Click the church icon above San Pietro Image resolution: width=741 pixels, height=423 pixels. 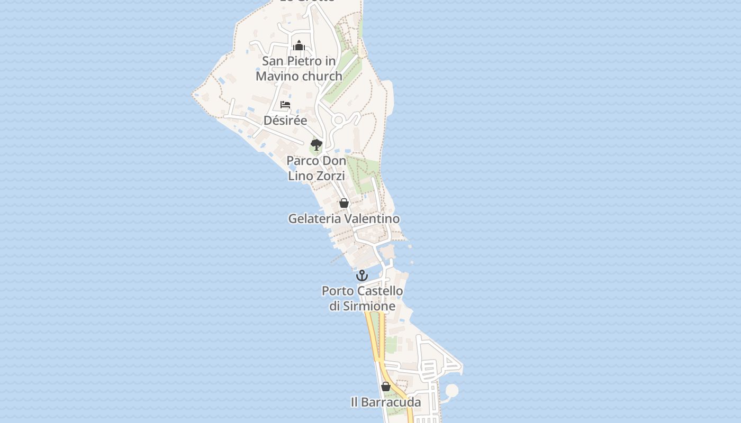[299, 46]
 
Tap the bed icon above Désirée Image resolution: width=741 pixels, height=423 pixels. [285, 105]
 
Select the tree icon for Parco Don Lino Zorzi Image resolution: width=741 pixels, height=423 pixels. [317, 144]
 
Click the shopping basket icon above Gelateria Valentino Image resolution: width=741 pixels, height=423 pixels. [344, 203]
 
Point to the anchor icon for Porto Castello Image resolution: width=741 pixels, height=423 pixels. [362, 275]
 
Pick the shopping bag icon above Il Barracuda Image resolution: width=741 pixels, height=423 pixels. [386, 387]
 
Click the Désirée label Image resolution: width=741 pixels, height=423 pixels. [285, 120]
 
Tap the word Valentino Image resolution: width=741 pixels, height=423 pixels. [372, 218]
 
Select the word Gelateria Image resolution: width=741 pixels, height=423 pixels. [315, 218]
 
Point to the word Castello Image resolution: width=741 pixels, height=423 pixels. [380, 291]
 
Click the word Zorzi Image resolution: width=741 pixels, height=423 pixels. [331, 176]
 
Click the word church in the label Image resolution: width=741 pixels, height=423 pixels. [322, 76]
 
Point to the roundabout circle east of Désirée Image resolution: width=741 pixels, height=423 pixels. [339, 121]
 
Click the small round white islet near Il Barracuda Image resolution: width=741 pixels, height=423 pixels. [451, 391]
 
